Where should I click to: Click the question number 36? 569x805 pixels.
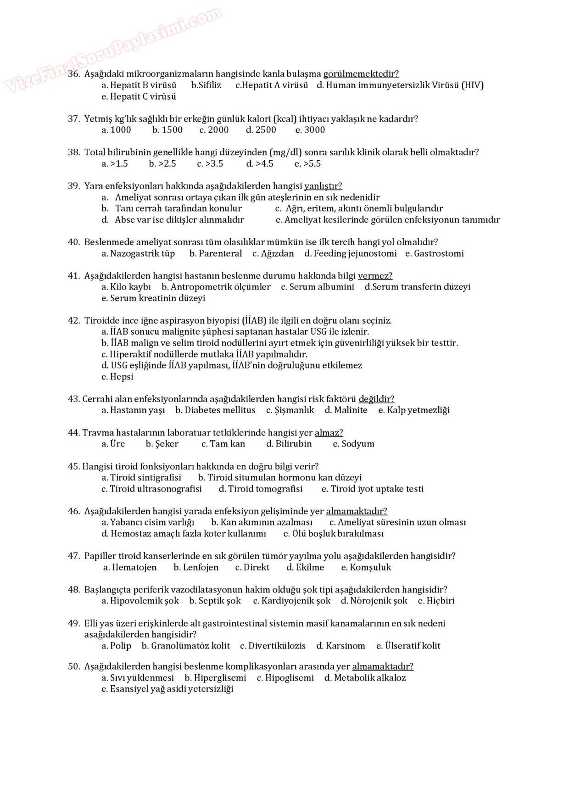pyautogui.click(x=74, y=74)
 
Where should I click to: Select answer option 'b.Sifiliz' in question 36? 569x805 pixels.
pyautogui.click(x=206, y=85)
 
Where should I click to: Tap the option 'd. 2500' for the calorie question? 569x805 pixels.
pyautogui.click(x=261, y=130)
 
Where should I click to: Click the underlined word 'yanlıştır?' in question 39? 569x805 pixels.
pyautogui.click(x=323, y=186)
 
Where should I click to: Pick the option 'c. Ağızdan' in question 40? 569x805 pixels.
pyautogui.click(x=273, y=254)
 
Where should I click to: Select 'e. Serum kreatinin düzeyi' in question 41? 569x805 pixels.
pyautogui.click(x=153, y=298)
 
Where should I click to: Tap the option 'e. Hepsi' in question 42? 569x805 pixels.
pyautogui.click(x=117, y=377)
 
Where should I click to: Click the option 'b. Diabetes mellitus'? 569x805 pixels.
pyautogui.click(x=215, y=410)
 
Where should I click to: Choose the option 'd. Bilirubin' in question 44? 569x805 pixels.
pyautogui.click(x=289, y=444)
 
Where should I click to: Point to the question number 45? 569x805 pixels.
pyautogui.click(x=73, y=467)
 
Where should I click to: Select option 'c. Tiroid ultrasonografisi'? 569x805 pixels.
pyautogui.click(x=151, y=489)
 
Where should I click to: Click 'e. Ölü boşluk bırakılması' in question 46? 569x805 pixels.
pyautogui.click(x=334, y=534)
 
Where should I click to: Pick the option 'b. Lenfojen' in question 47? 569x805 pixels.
pyautogui.click(x=196, y=568)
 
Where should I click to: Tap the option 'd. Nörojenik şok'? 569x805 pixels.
pyautogui.click(x=374, y=601)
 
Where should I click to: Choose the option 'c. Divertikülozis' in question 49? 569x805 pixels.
pyautogui.click(x=273, y=646)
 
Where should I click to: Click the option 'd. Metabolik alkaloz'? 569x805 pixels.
pyautogui.click(x=365, y=678)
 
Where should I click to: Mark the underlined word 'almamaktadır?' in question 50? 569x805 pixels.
pyautogui.click(x=383, y=666)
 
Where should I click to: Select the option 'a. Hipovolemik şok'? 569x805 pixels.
pyautogui.click(x=140, y=601)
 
